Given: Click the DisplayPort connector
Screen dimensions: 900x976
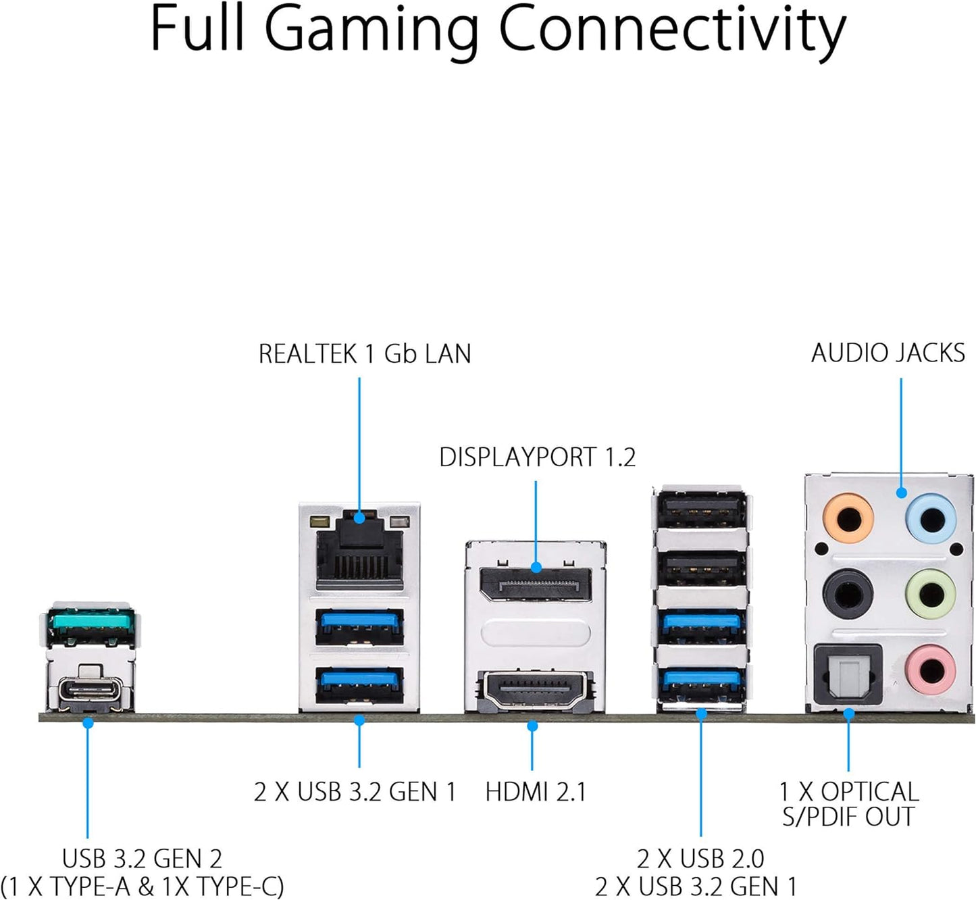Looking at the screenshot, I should [536, 583].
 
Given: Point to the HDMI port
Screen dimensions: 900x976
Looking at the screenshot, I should [536, 689].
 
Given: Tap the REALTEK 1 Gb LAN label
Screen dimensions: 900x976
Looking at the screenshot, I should [365, 354].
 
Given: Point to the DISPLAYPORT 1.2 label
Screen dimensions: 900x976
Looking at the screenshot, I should [537, 457].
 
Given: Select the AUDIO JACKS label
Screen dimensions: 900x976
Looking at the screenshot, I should [888, 353].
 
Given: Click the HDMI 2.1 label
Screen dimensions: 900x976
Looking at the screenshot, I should [536, 792].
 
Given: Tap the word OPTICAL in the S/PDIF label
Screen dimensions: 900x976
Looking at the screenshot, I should [869, 792].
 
